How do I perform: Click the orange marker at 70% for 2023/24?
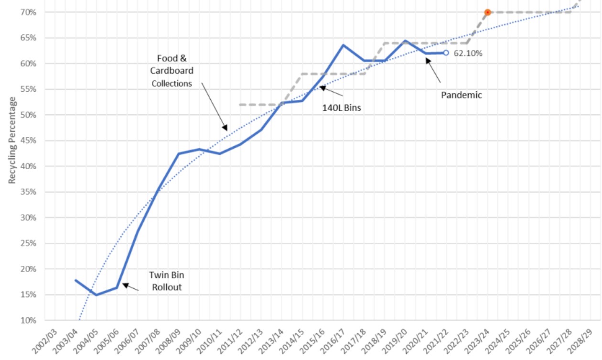487,12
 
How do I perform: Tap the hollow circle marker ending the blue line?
446,53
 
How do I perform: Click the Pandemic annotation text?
461,95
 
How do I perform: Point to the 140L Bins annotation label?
341,108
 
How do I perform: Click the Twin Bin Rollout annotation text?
166,281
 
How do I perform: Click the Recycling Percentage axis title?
12,141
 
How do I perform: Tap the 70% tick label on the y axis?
29,12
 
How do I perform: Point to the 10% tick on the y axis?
29,320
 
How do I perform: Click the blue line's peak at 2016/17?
343,45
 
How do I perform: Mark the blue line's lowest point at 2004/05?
96,295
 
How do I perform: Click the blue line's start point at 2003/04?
75,280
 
